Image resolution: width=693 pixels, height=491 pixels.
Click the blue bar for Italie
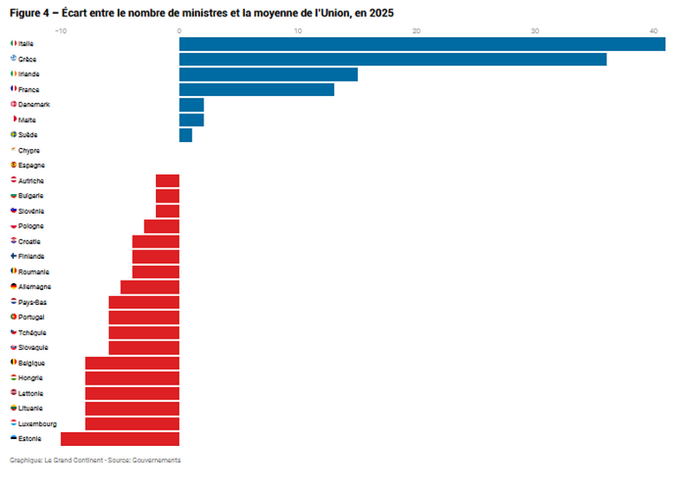422,44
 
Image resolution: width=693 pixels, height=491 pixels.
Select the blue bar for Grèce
392,59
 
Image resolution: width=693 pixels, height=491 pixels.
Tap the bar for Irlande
269,74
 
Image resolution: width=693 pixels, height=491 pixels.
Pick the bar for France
256,89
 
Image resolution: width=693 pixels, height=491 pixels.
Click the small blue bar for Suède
185,135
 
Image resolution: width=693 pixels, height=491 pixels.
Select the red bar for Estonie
120,439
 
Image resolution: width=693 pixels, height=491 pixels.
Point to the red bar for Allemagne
150,287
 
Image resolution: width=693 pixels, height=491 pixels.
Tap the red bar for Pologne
161,226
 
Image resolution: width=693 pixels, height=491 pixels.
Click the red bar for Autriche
167,181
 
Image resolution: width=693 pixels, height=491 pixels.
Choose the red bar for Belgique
132,363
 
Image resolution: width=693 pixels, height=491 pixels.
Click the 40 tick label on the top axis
654,31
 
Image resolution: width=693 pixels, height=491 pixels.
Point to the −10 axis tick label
60,31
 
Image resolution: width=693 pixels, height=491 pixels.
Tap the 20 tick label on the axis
417,31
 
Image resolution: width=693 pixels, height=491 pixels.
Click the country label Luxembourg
37,423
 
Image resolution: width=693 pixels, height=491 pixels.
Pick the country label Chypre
29,150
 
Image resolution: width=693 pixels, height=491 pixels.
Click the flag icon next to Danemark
13,104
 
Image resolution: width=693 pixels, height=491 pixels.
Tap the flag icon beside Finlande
13,256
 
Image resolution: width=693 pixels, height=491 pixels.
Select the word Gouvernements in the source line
157,460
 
